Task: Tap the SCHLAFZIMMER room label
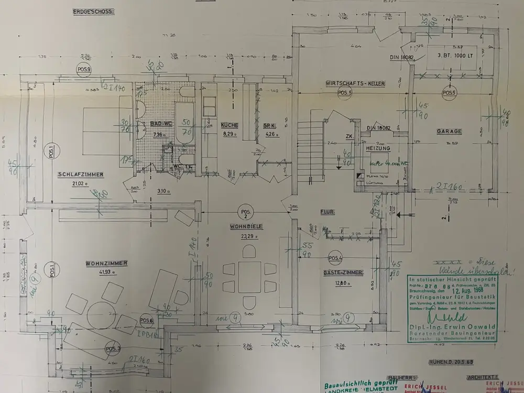(x=81, y=175)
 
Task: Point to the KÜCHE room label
(x=230, y=125)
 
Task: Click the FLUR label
(x=327, y=212)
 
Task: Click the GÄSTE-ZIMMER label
(x=342, y=274)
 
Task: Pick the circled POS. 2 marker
(x=245, y=212)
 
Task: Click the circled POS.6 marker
(x=147, y=321)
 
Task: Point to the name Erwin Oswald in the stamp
(x=457, y=328)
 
